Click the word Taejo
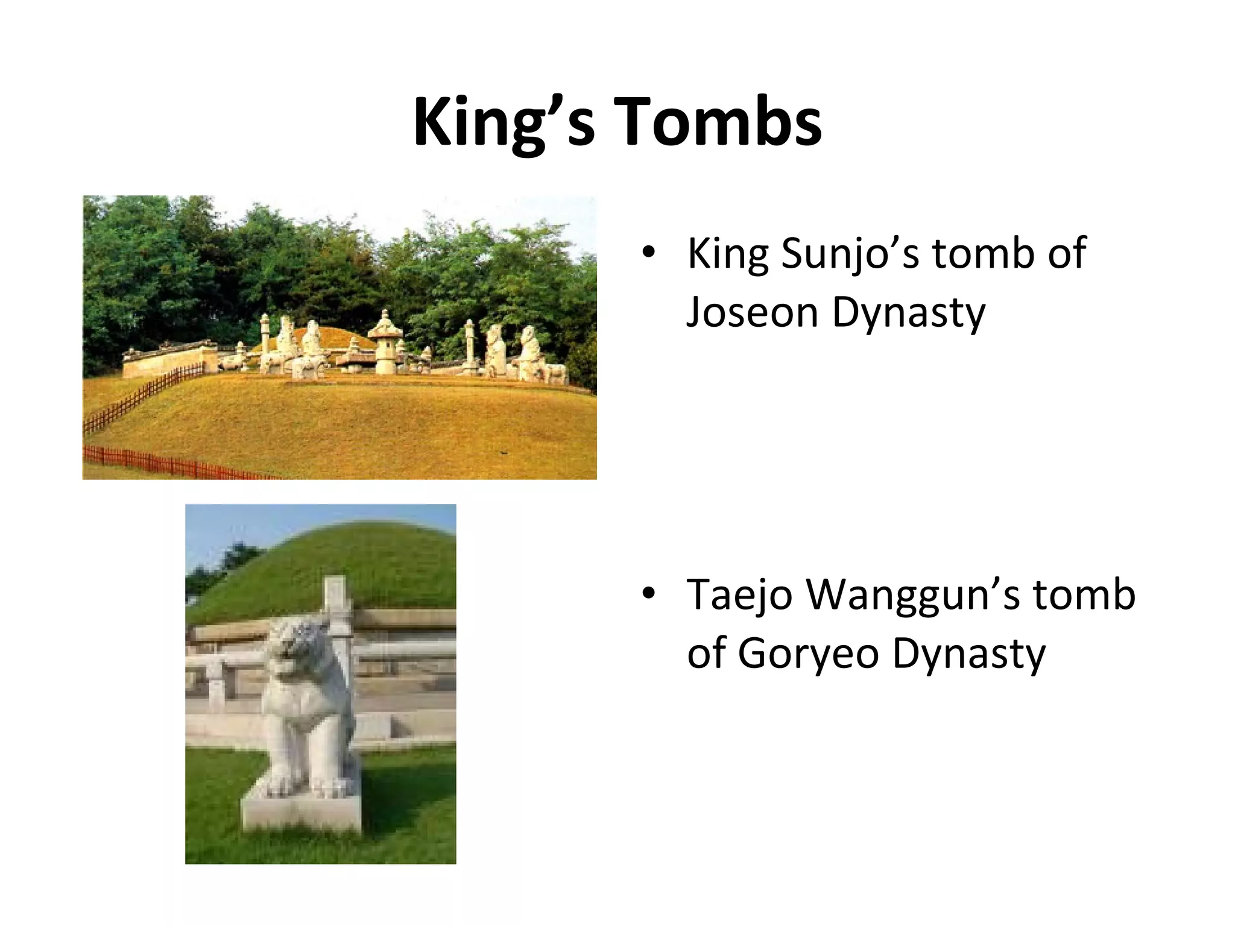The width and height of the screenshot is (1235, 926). pos(739,594)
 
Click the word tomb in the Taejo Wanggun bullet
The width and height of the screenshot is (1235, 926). pos(1084,594)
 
